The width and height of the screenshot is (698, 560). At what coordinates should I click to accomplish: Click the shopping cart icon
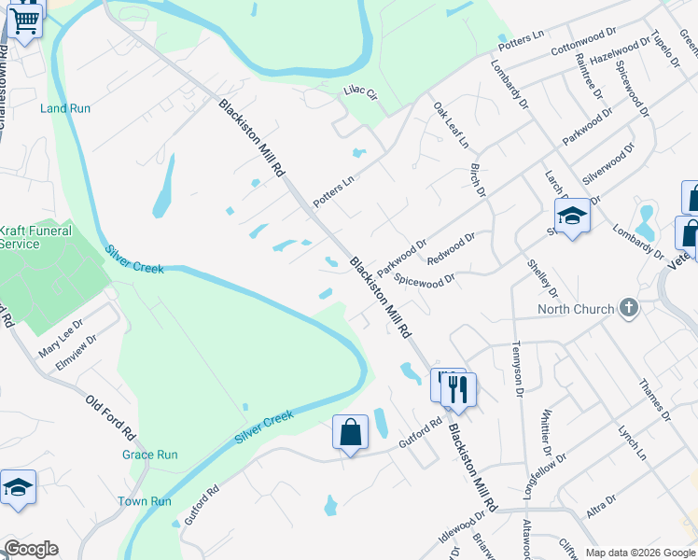[x=25, y=20]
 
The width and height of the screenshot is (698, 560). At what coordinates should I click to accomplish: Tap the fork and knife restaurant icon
[x=456, y=388]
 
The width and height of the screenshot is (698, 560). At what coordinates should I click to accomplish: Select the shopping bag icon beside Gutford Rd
[x=350, y=433]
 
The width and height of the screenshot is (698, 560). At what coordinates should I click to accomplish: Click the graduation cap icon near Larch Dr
[x=572, y=217]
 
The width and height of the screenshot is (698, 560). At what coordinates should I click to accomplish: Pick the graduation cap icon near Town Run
[x=18, y=488]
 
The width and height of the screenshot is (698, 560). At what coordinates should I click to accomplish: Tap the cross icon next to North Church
[x=629, y=308]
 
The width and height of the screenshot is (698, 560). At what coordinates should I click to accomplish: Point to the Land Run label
[x=65, y=108]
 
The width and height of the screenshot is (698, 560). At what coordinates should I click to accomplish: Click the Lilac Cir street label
[x=359, y=92]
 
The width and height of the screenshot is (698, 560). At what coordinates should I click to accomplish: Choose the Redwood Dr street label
[x=450, y=247]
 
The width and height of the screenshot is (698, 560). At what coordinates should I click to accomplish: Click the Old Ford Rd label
[x=111, y=419]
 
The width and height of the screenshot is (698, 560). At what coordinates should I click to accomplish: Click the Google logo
[x=31, y=549]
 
